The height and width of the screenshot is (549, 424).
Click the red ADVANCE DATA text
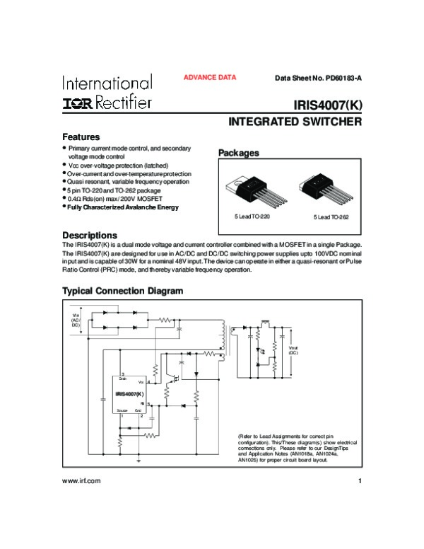(210, 78)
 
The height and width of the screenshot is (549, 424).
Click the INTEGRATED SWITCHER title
(295, 122)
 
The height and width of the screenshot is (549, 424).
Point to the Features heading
(81, 137)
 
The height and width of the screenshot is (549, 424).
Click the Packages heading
(238, 153)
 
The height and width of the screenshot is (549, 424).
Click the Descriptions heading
(90, 235)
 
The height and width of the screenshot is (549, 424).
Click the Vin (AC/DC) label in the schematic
(76, 320)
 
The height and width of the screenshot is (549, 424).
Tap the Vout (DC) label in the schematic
(293, 349)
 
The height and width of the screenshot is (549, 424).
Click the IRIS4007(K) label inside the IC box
(130, 393)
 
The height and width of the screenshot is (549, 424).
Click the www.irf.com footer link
(82, 482)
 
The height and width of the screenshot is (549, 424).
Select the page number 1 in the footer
(360, 482)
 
